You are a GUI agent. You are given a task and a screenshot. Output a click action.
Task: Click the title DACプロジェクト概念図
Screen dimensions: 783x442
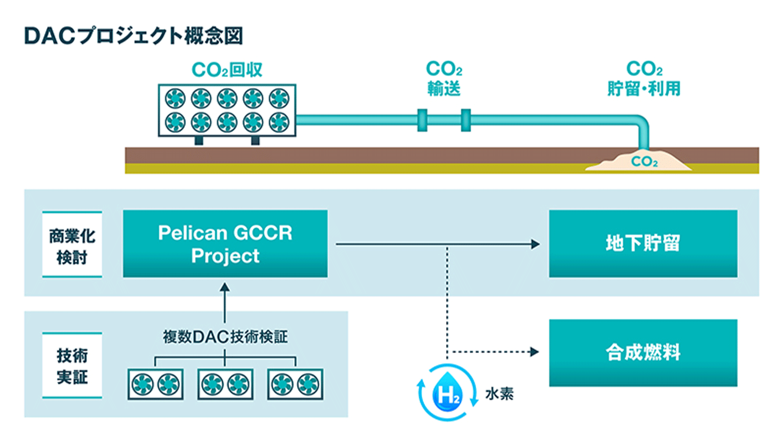click(133, 36)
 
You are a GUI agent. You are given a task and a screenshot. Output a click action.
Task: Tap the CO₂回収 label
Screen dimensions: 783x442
click(227, 70)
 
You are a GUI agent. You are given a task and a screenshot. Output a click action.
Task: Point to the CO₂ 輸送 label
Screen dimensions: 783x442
click(444, 78)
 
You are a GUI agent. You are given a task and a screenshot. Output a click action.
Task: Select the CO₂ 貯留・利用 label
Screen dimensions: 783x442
click(644, 78)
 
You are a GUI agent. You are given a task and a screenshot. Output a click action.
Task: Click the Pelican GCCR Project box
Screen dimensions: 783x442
click(225, 244)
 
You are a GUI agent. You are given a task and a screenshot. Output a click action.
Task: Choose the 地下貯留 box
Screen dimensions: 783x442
click(643, 244)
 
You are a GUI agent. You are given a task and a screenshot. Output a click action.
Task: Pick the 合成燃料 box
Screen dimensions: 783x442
click(643, 353)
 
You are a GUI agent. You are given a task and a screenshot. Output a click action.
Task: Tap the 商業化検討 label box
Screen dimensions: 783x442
click(72, 245)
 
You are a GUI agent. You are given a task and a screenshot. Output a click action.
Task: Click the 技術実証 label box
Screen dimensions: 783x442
click(72, 365)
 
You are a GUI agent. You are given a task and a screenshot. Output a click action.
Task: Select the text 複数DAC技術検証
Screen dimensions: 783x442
click(225, 337)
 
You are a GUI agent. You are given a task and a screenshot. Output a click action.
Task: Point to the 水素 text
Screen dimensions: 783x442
click(499, 394)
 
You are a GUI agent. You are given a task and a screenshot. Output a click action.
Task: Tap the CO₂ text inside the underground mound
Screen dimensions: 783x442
click(644, 162)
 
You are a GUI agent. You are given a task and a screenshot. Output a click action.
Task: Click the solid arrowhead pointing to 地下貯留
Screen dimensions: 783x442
click(535, 244)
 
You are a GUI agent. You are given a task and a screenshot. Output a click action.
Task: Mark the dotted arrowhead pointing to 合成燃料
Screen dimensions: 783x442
click(534, 352)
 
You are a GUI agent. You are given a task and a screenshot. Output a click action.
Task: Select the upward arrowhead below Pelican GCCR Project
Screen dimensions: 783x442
click(225, 287)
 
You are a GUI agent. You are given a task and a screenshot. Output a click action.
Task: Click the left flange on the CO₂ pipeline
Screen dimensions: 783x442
click(422, 120)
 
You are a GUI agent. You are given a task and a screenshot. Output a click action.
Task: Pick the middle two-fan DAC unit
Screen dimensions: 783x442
click(225, 384)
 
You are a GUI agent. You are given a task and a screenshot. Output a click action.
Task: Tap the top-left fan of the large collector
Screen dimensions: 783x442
click(175, 98)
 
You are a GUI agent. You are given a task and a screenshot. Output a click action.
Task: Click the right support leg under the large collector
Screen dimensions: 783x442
click(255, 141)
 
